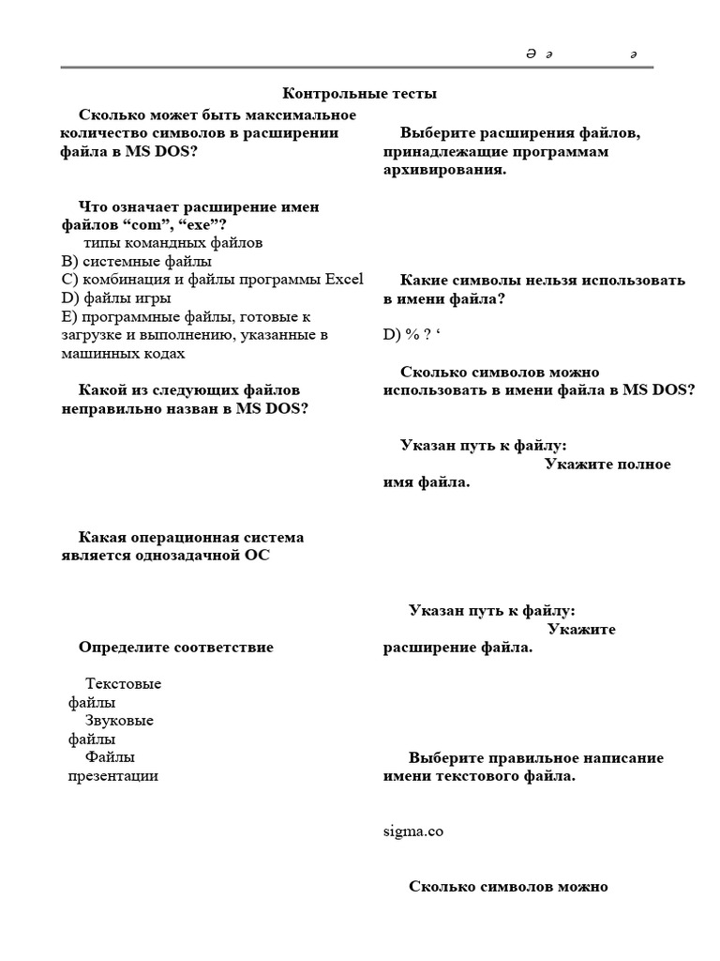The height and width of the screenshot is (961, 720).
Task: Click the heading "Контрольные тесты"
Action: pos(360,93)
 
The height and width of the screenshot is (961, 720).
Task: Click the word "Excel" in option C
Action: pos(343,279)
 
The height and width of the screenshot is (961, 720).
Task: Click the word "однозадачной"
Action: pos(161,556)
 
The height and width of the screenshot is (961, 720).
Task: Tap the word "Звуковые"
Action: pos(119,721)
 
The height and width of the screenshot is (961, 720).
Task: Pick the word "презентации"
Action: pos(113,775)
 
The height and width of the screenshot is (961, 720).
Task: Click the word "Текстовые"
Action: pos(123,683)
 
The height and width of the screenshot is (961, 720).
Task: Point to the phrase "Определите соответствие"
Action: pos(176,648)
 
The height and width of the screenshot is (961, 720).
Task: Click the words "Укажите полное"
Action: pos(607,465)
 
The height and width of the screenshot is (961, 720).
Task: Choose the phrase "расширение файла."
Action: pos(457,648)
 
